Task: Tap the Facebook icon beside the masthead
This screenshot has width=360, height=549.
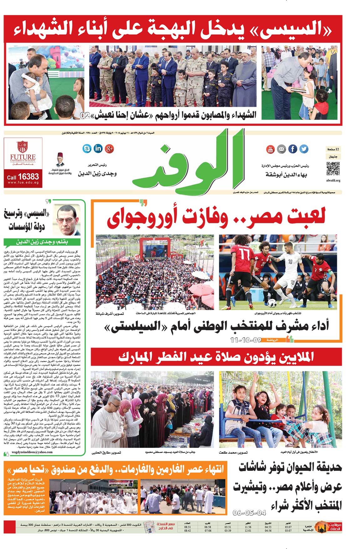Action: pyautogui.click(x=293, y=149)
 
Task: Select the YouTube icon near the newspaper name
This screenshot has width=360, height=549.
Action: pyautogui.click(x=270, y=149)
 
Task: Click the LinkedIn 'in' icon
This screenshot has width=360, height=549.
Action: pyautogui.click(x=98, y=148)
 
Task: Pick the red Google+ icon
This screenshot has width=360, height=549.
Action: pyautogui.click(x=109, y=148)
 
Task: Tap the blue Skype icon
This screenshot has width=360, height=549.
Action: pyautogui.click(x=87, y=148)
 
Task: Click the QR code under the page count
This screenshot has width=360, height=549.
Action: pyautogui.click(x=333, y=169)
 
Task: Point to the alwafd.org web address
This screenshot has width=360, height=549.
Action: pyautogui.click(x=333, y=181)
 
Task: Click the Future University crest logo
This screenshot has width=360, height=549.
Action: pyautogui.click(x=23, y=146)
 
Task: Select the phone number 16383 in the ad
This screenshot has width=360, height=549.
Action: pyautogui.click(x=28, y=177)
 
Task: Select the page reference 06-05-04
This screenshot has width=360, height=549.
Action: pyautogui.click(x=249, y=513)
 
